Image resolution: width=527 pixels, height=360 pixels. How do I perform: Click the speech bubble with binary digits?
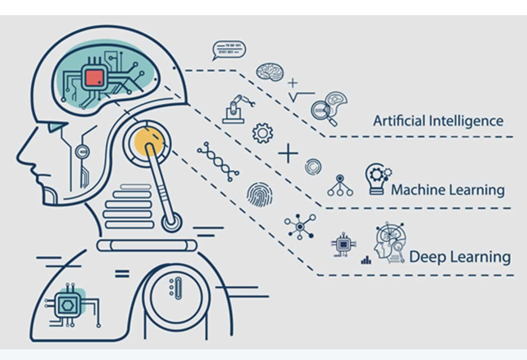[229, 50]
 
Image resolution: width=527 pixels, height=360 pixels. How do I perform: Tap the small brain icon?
[270, 71]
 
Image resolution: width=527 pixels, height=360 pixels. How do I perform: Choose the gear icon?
[262, 133]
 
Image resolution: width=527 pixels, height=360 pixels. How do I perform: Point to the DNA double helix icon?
[218, 162]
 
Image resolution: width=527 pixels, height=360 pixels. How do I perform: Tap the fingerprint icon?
[260, 194]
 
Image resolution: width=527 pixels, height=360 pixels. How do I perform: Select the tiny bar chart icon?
[366, 260]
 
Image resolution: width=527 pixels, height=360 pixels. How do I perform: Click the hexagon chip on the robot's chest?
[67, 305]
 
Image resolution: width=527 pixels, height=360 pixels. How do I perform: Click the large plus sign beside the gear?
[288, 153]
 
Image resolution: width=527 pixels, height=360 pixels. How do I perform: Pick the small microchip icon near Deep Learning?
[343, 245]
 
